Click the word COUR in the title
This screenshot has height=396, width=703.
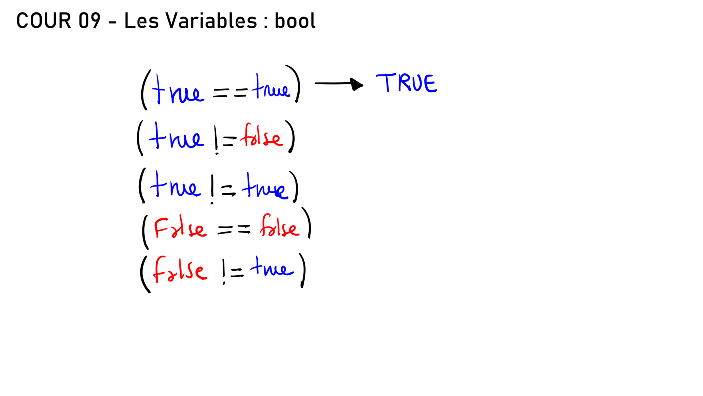tap(44, 21)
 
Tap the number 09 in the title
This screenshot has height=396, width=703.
tap(89, 21)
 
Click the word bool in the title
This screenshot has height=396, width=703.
tap(295, 21)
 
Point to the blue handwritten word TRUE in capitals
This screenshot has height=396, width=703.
tap(406, 82)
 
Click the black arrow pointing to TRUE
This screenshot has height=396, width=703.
tap(339, 84)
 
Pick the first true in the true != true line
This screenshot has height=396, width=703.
tap(175, 185)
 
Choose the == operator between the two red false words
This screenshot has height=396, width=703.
tap(234, 230)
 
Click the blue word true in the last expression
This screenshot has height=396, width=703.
tap(272, 267)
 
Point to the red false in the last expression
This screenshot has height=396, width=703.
tap(180, 270)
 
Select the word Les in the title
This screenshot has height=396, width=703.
tap(141, 21)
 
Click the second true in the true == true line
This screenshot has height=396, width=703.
tap(271, 87)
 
